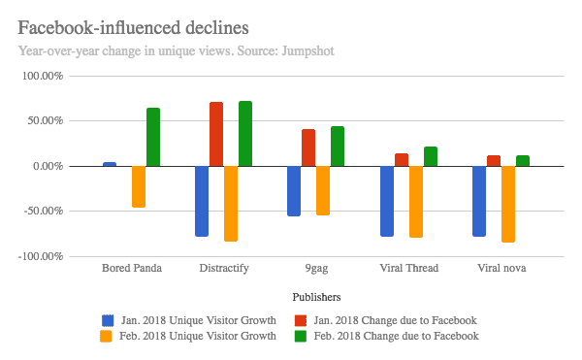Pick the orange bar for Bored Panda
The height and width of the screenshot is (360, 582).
[139, 186]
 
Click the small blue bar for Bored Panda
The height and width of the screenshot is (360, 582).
[110, 164]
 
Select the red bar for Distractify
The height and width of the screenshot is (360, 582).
[216, 134]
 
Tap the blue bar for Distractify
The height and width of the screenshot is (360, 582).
[202, 201]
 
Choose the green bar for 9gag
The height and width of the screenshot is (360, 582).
[338, 146]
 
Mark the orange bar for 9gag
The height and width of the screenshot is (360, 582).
[323, 190]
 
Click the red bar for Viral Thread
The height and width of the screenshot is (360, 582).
[402, 159]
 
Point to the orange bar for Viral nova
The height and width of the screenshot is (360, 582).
[508, 204]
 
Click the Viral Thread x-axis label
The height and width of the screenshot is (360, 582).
[408, 269]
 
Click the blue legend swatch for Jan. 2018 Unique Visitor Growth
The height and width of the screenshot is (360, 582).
[109, 319]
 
